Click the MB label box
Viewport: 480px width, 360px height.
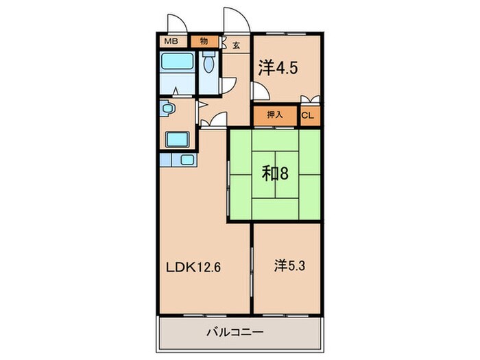pos(170,42)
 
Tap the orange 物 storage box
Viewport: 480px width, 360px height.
pos(204,42)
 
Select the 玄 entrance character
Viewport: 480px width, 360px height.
pos(235,45)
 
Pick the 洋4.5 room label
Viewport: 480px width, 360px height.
pos(278,67)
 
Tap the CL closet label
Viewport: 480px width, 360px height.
pos(308,115)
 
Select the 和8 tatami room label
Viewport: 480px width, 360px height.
pos(274,173)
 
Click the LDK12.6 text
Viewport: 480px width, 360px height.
pos(193,267)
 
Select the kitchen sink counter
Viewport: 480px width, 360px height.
pos(178,160)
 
